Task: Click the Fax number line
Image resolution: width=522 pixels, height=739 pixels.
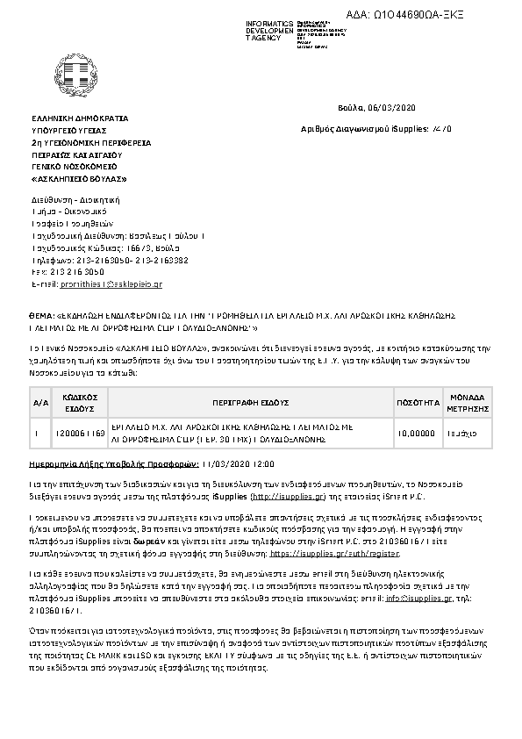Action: pyautogui.click(x=74, y=273)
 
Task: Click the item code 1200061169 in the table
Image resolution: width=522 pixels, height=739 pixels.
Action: pyautogui.click(x=81, y=432)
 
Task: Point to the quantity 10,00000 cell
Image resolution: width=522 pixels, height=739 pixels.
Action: pyautogui.click(x=416, y=432)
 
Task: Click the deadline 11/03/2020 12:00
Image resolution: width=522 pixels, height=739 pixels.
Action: pyautogui.click(x=239, y=462)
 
